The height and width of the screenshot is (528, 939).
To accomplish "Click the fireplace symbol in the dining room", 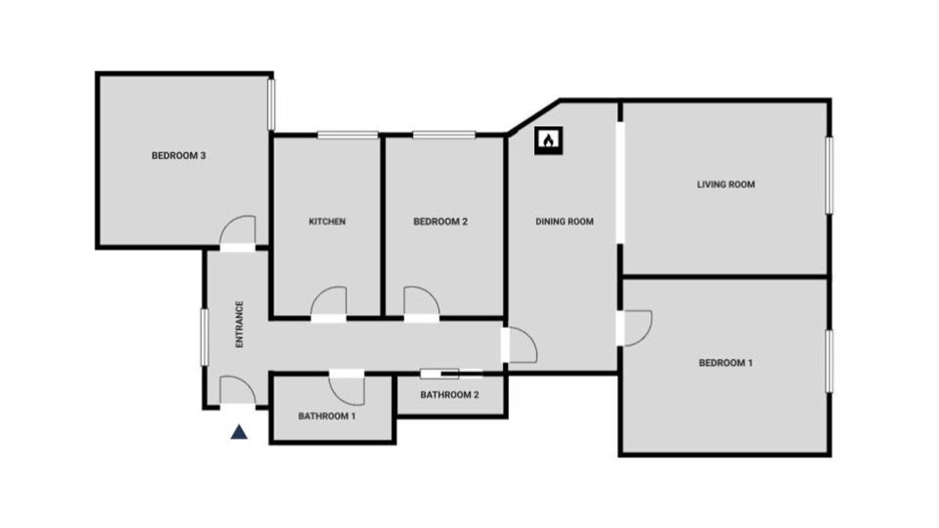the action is (x=548, y=140).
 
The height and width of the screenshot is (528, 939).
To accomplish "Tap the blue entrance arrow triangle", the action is (x=239, y=432).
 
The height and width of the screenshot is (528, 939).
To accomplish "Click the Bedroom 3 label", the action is (x=178, y=155).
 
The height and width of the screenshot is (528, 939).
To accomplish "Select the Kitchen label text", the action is (x=327, y=221).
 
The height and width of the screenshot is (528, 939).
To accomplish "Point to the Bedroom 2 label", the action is (x=440, y=221).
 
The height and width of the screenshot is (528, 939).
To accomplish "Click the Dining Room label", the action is (x=564, y=221).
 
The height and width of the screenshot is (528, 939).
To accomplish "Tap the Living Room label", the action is (x=726, y=184).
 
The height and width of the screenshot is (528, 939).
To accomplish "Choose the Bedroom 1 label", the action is (x=726, y=363).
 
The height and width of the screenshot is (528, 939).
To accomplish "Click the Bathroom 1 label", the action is (x=327, y=416).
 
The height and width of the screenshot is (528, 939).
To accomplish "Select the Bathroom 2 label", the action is (x=450, y=395).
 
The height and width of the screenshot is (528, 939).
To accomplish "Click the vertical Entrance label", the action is (x=239, y=324).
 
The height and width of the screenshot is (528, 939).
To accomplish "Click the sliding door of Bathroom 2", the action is (x=451, y=374).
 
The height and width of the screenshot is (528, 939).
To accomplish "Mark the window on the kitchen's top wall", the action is (x=348, y=135).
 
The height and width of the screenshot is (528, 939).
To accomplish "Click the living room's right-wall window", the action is (x=829, y=175).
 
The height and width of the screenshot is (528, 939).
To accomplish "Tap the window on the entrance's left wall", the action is (x=204, y=337).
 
